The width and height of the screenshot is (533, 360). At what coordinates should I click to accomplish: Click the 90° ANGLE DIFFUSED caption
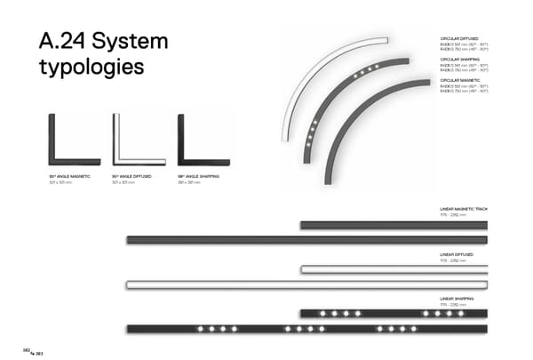tap(131, 177)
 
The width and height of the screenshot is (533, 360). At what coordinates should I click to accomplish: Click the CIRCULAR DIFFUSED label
tap(460, 40)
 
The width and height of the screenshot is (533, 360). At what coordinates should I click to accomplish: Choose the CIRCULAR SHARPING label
tap(460, 60)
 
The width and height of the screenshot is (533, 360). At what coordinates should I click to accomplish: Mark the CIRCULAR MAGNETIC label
tap(460, 80)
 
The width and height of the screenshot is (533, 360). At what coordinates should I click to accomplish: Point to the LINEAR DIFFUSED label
tap(457, 255)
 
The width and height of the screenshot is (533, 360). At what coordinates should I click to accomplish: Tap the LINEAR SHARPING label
tap(457, 299)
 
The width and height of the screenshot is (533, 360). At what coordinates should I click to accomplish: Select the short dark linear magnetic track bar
tap(394, 225)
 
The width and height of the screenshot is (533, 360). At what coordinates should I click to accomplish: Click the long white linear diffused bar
tap(306, 284)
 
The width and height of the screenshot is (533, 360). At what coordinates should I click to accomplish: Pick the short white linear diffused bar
tap(394, 269)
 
